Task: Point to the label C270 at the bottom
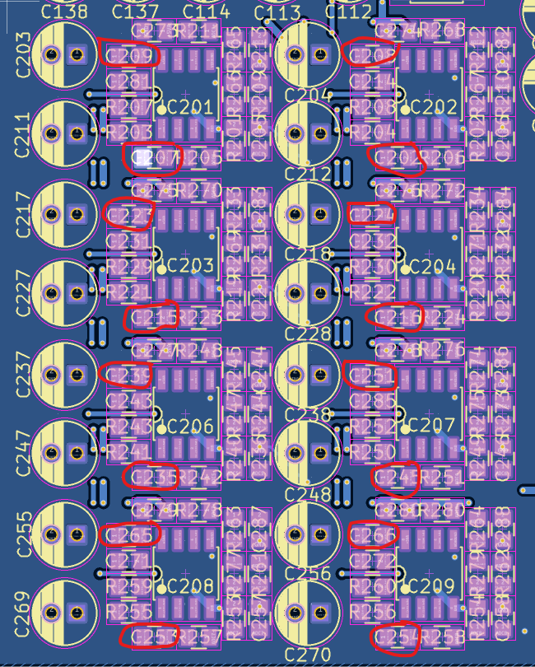point(308,654)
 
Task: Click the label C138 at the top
point(63,12)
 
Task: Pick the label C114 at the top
point(206,12)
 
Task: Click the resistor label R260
point(373,587)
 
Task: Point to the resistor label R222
point(373,292)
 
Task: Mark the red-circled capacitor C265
point(130,535)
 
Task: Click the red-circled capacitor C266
point(373,535)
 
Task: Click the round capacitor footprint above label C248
point(308,454)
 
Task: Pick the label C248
point(308,494)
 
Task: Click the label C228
point(308,333)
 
